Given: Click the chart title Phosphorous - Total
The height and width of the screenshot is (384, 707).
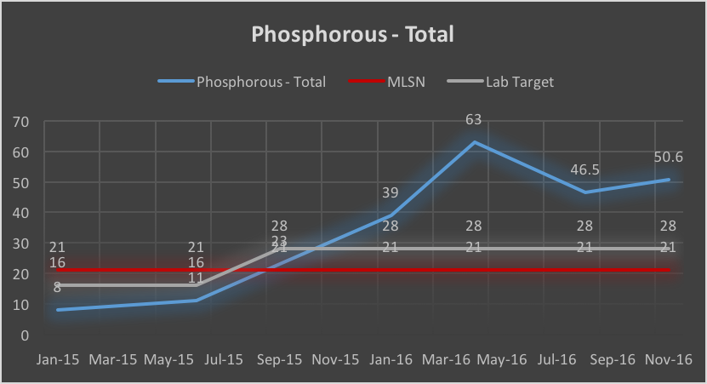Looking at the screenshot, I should (352, 35).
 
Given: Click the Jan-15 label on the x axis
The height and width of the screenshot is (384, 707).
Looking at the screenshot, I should (58, 359).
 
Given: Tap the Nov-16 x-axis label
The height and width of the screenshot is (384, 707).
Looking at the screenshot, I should (669, 359).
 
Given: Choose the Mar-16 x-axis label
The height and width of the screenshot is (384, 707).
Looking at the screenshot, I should (447, 359).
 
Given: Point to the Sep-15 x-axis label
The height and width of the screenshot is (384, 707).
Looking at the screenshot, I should (281, 359).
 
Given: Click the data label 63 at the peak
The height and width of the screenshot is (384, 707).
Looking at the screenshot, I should (475, 122).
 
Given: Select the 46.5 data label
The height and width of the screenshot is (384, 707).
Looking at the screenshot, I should (584, 169).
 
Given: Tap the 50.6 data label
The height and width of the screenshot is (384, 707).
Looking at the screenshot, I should (669, 158).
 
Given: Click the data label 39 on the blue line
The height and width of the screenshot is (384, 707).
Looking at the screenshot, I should (391, 193).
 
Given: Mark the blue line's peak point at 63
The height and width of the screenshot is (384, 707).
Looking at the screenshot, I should (475, 142).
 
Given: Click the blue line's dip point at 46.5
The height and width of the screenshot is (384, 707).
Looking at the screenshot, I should (584, 192).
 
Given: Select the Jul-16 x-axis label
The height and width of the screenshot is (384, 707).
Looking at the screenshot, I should (557, 359).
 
